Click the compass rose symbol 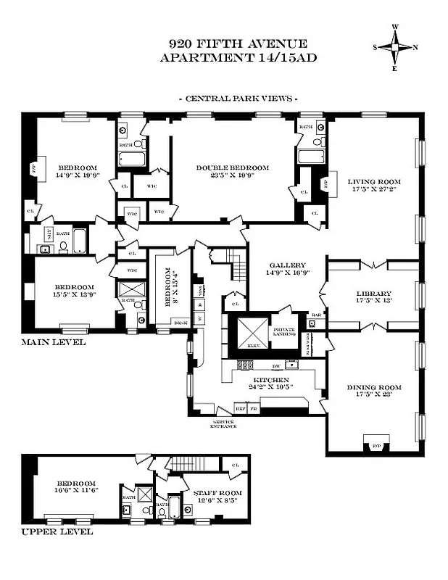[395, 48]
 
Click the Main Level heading [53, 342]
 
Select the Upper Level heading [57, 531]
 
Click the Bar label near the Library [316, 315]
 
